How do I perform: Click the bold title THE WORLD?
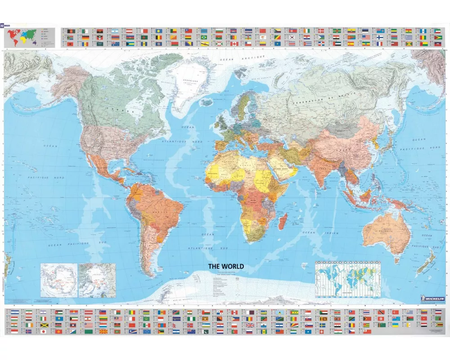pyautogui.click(x=226, y=266)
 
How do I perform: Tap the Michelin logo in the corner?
pyautogui.click(x=432, y=299)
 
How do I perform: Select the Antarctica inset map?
pyautogui.click(x=58, y=280)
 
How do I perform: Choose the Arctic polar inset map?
pyautogui.click(x=97, y=280)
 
